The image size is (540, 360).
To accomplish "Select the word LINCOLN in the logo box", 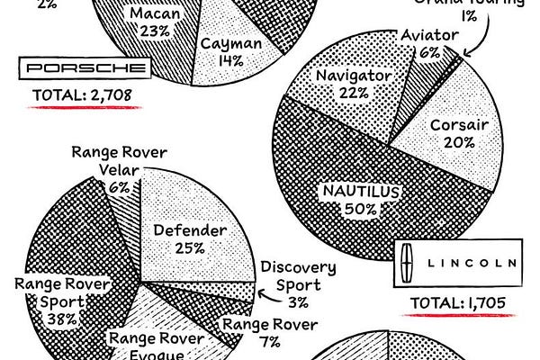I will coord(468,263).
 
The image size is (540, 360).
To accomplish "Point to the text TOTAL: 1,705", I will coord(458,303).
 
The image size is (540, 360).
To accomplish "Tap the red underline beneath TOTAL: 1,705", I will coord(459,317).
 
